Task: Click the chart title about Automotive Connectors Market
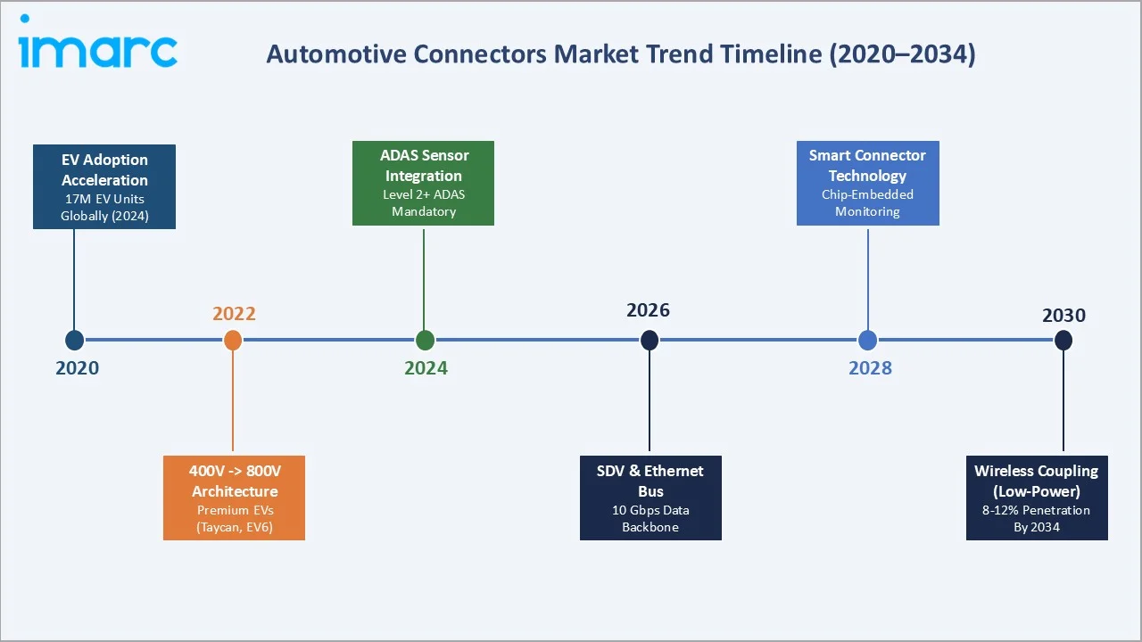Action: (x=621, y=53)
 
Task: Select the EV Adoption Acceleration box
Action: (x=104, y=186)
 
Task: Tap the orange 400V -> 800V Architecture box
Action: (x=234, y=498)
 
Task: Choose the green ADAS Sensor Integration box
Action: (x=423, y=183)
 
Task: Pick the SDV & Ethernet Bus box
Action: (x=650, y=498)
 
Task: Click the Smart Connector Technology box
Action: (x=867, y=183)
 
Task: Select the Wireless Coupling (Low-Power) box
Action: (x=1037, y=498)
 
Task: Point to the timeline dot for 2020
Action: (x=75, y=340)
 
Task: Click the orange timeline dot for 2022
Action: (x=233, y=340)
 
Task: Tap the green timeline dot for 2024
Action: (x=425, y=340)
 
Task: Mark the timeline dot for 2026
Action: (x=650, y=340)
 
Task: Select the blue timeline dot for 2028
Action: (x=868, y=340)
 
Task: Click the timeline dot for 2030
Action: (x=1063, y=340)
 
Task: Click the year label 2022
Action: (x=234, y=313)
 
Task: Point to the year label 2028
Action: (x=870, y=368)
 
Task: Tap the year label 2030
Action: (x=1063, y=315)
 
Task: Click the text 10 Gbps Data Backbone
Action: (x=650, y=518)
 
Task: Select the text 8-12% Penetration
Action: (x=1037, y=510)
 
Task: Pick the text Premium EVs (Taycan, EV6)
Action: (x=234, y=518)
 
